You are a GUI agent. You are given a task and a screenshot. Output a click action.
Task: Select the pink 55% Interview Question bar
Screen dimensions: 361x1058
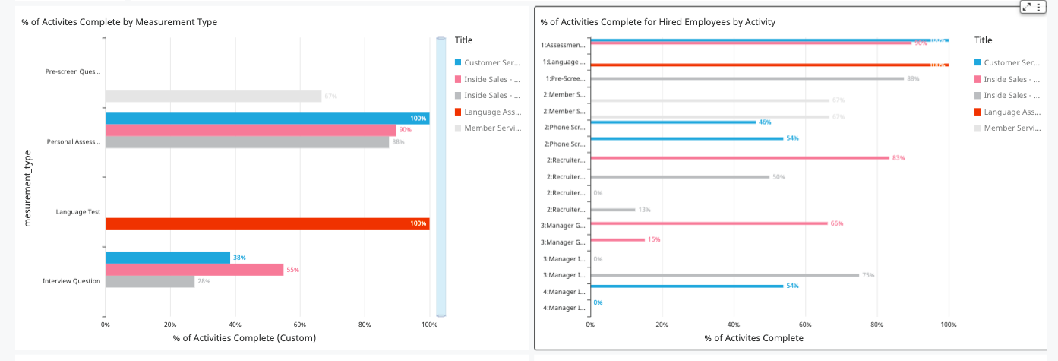click(x=194, y=270)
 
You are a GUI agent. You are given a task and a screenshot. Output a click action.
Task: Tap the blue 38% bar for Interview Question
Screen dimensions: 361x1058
click(x=168, y=258)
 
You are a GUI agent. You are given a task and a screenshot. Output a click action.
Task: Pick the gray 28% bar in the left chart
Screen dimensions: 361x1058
click(x=150, y=281)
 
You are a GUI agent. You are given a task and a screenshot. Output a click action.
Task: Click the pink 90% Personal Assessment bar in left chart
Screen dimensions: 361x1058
click(x=251, y=130)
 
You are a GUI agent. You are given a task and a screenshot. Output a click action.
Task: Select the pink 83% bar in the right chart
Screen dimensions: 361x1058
click(x=740, y=158)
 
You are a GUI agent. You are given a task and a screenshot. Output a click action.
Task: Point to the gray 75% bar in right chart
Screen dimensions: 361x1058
click(x=725, y=275)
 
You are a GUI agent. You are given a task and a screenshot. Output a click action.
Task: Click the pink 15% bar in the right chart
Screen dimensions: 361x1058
click(x=617, y=239)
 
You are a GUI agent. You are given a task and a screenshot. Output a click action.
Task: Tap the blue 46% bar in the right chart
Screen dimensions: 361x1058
click(x=673, y=122)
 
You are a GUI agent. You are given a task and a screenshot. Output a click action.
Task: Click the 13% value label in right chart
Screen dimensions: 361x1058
click(x=644, y=210)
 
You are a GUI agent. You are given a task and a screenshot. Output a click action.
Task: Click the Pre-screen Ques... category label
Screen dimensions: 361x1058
click(x=73, y=72)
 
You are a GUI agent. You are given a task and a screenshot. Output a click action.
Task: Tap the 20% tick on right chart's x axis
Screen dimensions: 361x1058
click(x=662, y=325)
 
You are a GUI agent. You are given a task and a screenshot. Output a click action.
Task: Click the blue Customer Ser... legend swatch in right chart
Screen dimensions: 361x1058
click(x=977, y=62)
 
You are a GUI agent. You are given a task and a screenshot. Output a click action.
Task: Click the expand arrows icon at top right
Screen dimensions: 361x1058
click(x=1027, y=6)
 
